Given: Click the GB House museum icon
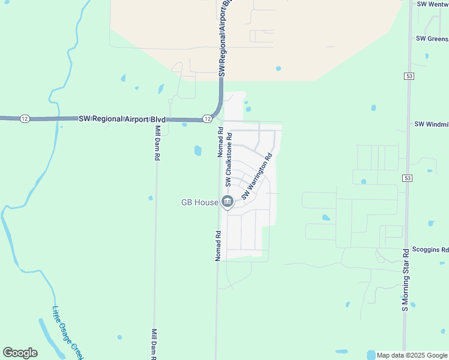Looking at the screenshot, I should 227,203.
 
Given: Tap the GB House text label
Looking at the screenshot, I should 200,203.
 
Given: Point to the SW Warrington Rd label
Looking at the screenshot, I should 257,176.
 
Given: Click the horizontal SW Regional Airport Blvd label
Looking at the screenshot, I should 122,119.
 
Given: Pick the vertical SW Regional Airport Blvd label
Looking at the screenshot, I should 224,37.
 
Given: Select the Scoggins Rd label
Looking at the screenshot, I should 429,250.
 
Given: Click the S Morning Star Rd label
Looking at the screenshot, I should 405,279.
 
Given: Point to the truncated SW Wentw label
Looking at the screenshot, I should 432,5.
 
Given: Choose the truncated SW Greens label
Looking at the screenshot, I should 432,38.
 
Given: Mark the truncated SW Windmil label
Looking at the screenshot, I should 431,124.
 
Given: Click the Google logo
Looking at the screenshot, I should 20,353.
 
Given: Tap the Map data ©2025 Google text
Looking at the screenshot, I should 412,355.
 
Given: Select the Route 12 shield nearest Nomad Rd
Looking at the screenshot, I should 206,119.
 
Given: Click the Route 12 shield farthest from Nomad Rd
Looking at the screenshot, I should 24,118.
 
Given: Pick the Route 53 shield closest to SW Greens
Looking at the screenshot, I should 409,77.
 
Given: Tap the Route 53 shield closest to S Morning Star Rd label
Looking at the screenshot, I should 408,178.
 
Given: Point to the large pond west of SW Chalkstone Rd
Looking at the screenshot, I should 197,151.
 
